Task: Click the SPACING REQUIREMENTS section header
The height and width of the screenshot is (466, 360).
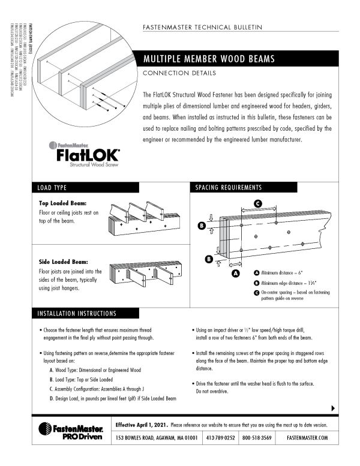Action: click(229, 188)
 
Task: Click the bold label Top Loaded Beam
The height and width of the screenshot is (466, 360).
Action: click(63, 203)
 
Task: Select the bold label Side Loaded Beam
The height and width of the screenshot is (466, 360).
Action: click(64, 262)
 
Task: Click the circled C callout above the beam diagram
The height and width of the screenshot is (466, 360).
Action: click(257, 203)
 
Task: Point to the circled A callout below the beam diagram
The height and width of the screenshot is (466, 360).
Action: click(235, 273)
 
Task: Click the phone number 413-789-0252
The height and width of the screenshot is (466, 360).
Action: click(221, 437)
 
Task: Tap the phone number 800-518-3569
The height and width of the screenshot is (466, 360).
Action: click(257, 437)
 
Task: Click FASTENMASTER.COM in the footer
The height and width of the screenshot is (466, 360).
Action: click(307, 437)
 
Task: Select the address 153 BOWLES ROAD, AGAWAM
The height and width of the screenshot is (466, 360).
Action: click(156, 437)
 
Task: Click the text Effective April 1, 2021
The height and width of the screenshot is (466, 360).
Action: click(142, 424)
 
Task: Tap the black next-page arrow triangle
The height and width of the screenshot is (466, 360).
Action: click(333, 408)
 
